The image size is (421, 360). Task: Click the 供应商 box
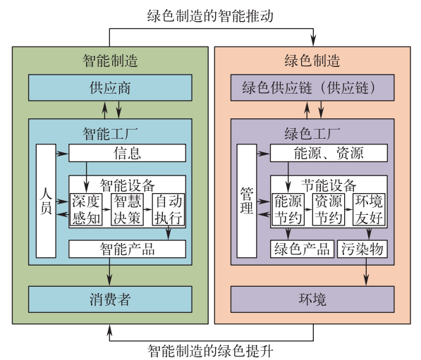tap(110, 88)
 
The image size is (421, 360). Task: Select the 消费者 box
tap(110, 299)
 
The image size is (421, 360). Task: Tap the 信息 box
tap(127, 153)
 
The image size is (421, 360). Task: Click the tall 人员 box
tap(46, 201)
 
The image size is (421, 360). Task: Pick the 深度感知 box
tap(86, 209)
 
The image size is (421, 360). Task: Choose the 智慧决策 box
tap(127, 209)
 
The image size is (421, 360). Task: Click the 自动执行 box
tap(169, 209)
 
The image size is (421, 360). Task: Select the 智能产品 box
tap(127, 249)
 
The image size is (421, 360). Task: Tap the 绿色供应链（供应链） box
tap(312, 88)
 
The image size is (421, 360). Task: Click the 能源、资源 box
tap(329, 153)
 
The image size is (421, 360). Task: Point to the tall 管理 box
tap(247, 201)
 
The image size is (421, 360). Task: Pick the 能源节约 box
tap(288, 209)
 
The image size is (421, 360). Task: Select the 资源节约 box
tap(329, 209)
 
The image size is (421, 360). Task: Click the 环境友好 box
tap(369, 209)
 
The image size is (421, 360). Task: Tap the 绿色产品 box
tap(302, 249)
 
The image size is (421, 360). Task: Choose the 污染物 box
tap(362, 249)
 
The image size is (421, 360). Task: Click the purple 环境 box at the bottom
tap(312, 299)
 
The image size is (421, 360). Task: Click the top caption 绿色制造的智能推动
tap(210, 15)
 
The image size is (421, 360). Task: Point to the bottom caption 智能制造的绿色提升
tap(210, 351)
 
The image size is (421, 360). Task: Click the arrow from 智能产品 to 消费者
tap(109, 272)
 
